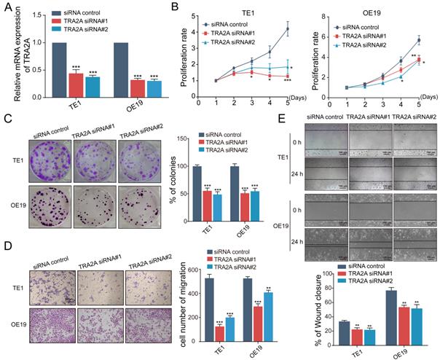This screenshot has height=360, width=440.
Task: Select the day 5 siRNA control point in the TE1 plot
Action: click(x=287, y=29)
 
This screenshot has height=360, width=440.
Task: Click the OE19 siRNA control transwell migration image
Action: click(x=50, y=324)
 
